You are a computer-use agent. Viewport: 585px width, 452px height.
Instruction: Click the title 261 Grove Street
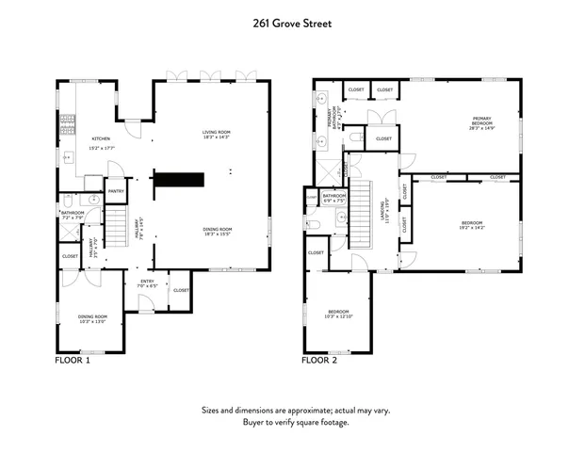pyautogui.click(x=292, y=23)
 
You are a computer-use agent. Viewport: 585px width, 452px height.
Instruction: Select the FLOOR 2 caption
pyautogui.click(x=320, y=360)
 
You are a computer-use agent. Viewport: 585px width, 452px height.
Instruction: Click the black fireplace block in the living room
pyautogui.click(x=179, y=179)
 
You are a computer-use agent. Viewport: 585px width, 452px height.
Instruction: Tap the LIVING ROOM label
pyautogui.click(x=216, y=133)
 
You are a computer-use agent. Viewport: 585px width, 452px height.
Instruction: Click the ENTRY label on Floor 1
pyautogui.click(x=147, y=282)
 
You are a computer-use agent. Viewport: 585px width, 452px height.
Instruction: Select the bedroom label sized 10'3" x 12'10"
pyautogui.click(x=338, y=314)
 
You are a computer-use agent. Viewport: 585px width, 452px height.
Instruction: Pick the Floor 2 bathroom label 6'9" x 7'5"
pyautogui.click(x=334, y=199)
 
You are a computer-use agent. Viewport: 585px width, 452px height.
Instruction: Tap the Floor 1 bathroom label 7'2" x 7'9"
pyautogui.click(x=73, y=216)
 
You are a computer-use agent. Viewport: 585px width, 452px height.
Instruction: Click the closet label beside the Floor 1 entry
pyautogui.click(x=181, y=289)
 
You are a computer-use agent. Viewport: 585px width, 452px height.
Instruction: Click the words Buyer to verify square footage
pyautogui.click(x=295, y=422)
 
